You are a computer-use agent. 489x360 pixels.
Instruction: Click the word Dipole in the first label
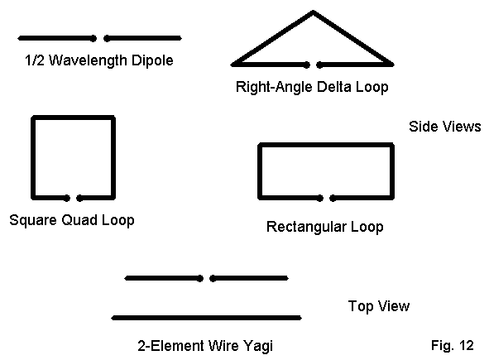152,60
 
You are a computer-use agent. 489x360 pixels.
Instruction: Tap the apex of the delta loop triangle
313,12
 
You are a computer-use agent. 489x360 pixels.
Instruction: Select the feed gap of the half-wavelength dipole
100,38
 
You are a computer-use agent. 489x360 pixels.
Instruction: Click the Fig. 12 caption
453,345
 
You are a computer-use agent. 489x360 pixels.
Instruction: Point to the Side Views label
444,127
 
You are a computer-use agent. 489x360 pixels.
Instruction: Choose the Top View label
379,306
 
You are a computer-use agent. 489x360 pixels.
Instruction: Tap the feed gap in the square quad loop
74,198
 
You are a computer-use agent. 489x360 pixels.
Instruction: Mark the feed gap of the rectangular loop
327,198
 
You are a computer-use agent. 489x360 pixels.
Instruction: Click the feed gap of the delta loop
313,65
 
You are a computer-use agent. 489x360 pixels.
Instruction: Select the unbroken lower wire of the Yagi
207,318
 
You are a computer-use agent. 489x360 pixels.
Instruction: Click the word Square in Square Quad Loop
33,220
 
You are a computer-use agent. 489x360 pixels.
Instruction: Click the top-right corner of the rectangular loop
392,145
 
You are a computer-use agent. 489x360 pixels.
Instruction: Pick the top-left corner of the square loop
33,118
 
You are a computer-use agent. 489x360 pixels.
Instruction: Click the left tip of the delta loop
232,65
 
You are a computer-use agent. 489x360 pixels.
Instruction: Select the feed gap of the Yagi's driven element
206,278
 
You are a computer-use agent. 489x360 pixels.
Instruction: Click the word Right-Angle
275,87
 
